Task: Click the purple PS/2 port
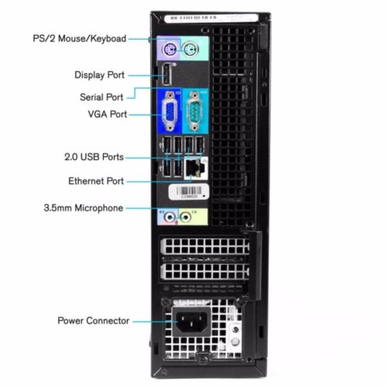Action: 169,49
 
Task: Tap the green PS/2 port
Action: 191,49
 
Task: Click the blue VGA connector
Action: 170,111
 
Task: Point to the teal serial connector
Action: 195,111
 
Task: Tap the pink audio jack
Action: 170,217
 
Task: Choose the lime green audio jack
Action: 186,217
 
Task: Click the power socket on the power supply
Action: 191,322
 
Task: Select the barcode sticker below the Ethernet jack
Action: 189,192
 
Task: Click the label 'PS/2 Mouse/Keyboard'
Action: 80,39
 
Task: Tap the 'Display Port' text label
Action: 100,75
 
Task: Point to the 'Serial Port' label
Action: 101,98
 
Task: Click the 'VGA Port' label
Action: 108,114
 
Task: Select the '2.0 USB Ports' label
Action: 94,157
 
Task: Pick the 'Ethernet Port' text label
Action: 96,181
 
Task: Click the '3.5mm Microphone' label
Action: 84,208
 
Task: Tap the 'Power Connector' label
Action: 94,320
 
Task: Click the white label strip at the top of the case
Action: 211,19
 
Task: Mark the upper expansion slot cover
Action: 205,246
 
